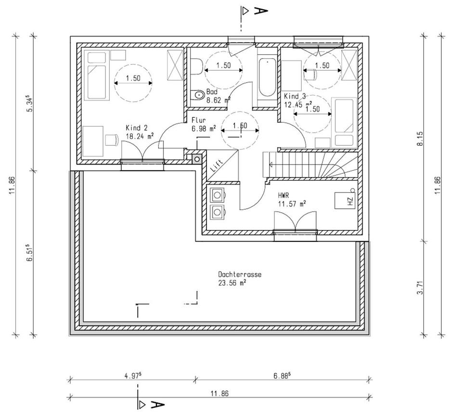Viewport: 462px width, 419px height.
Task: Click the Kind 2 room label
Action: click(136, 128)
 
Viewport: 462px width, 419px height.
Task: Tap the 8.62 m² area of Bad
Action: click(218, 100)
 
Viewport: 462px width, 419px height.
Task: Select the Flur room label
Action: click(199, 120)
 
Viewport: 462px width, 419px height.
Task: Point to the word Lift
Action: click(218, 165)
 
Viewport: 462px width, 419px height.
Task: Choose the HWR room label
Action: click(283, 195)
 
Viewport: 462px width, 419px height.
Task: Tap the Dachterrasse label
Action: click(240, 274)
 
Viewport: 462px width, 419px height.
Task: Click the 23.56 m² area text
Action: click(232, 283)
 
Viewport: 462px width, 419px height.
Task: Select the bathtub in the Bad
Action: click(267, 77)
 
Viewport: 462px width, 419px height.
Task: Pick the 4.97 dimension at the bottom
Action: click(133, 376)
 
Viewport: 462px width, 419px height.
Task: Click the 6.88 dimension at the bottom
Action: click(282, 376)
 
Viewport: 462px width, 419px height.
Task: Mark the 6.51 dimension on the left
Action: click(29, 253)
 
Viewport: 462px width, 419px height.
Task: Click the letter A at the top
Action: click(261, 11)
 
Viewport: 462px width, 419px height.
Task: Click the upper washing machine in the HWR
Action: click(218, 195)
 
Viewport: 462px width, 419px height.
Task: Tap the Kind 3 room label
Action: click(295, 96)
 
